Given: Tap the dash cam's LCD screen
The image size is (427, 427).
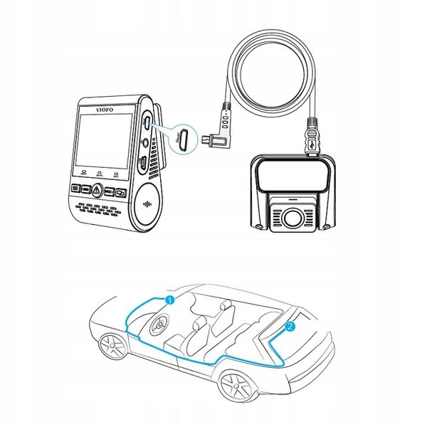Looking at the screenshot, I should [x=101, y=142].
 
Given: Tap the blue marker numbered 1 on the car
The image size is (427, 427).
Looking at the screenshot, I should [x=169, y=301].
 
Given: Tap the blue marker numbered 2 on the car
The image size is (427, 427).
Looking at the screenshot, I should [x=289, y=327].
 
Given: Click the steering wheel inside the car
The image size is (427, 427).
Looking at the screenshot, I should [x=158, y=327].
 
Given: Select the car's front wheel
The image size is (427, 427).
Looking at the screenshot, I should [x=112, y=348].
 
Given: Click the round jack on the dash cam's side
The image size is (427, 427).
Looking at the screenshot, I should [x=147, y=141].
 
